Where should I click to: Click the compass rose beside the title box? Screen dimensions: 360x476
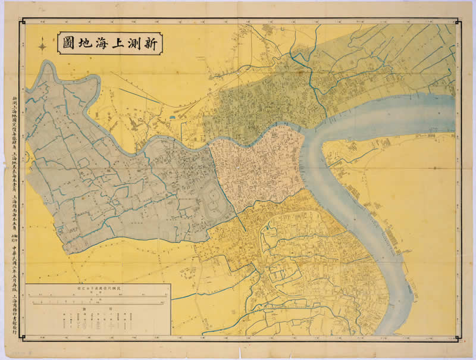[43, 45]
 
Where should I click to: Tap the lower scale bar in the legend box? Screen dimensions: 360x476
[98, 304]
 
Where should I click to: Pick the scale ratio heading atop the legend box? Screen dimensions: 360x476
[98, 287]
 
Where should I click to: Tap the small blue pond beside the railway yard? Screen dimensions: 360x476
[173, 117]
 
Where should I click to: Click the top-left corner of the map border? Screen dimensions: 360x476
[22, 21]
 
